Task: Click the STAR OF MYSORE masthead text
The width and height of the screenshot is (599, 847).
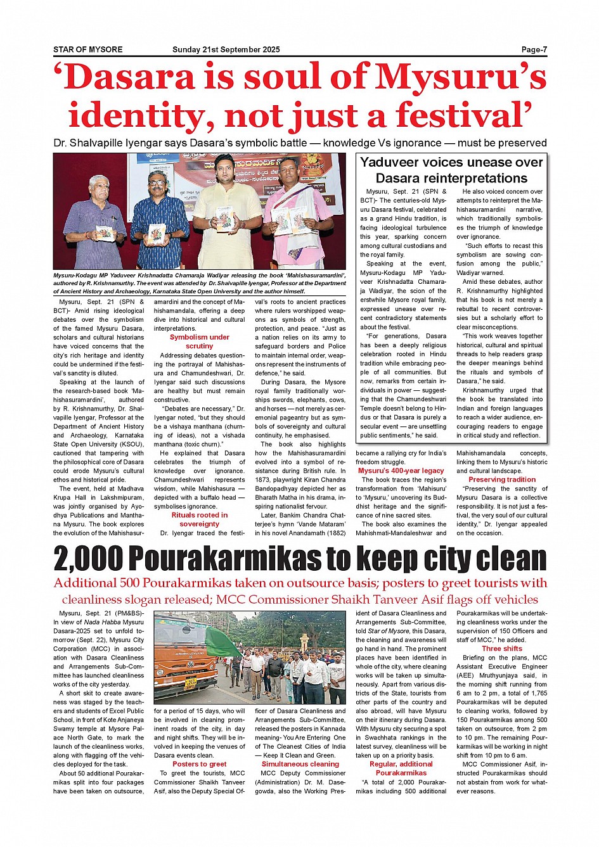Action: pos(87,49)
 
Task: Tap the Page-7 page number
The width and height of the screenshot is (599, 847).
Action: pos(534,49)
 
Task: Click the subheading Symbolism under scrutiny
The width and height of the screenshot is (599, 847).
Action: pos(199,341)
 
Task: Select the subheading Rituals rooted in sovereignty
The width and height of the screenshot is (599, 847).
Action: pos(199,519)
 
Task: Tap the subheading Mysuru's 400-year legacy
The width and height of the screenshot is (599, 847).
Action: pos(401,471)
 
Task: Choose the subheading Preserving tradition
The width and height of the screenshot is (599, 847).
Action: pos(502,480)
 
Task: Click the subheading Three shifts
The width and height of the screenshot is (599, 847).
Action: pos(502,649)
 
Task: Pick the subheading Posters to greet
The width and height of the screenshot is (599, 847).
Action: pos(199,764)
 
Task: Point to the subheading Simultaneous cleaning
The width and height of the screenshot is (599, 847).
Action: pos(300,764)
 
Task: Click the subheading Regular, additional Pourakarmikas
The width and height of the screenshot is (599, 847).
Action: pos(401,768)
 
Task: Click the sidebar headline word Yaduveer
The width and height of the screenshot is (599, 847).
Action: pos(392,162)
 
